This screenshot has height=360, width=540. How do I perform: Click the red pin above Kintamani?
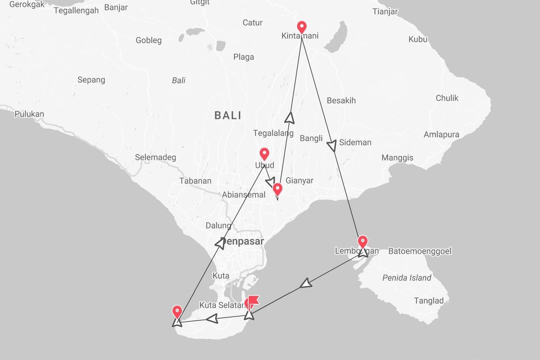coord(302,27)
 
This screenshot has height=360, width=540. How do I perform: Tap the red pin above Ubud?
coord(264,154)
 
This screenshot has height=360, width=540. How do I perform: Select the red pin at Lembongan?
coord(362,242)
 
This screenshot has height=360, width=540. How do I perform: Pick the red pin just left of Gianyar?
coord(277,189)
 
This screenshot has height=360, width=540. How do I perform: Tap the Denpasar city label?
coord(243,242)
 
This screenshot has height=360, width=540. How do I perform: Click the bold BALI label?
coord(228,115)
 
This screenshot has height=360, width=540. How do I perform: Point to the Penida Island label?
coord(407,278)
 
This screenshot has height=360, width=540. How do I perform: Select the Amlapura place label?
coord(441,135)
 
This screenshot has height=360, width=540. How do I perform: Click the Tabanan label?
coord(195,181)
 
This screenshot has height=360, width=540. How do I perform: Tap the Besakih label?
coord(341,100)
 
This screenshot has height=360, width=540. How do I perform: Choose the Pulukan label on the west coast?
coord(29,114)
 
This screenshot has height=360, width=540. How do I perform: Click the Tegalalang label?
coord(273,133)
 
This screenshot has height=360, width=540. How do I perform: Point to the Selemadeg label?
coord(156,157)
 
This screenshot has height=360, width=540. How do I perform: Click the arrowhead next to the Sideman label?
coord(332,146)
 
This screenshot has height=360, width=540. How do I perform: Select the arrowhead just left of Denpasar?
coord(221,243)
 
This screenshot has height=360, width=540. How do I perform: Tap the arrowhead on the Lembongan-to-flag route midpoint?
coord(306,283)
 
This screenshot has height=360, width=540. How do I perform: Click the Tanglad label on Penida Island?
coord(429,300)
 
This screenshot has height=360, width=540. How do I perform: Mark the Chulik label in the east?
coord(447,98)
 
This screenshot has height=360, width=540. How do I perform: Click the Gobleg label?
coord(148,41)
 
